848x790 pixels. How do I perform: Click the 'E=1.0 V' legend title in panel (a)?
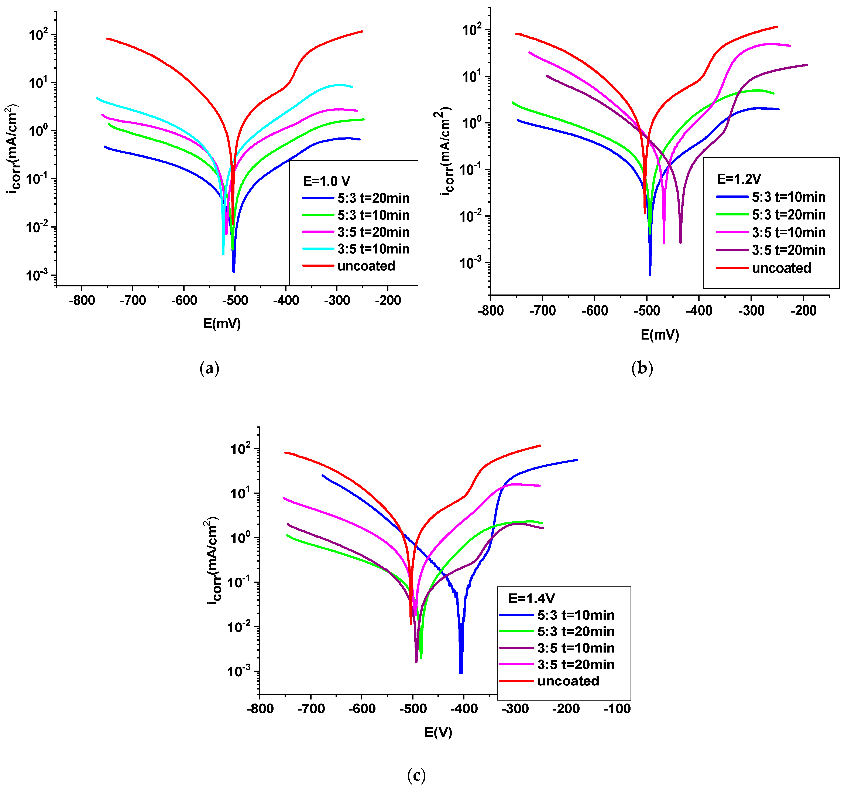click(326, 181)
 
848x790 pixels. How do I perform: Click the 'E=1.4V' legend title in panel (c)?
click(532, 598)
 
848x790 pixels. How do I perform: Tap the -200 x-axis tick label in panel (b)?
click(803, 311)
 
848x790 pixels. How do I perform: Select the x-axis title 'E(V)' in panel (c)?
click(438, 732)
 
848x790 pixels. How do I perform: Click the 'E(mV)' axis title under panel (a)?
click(222, 324)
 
